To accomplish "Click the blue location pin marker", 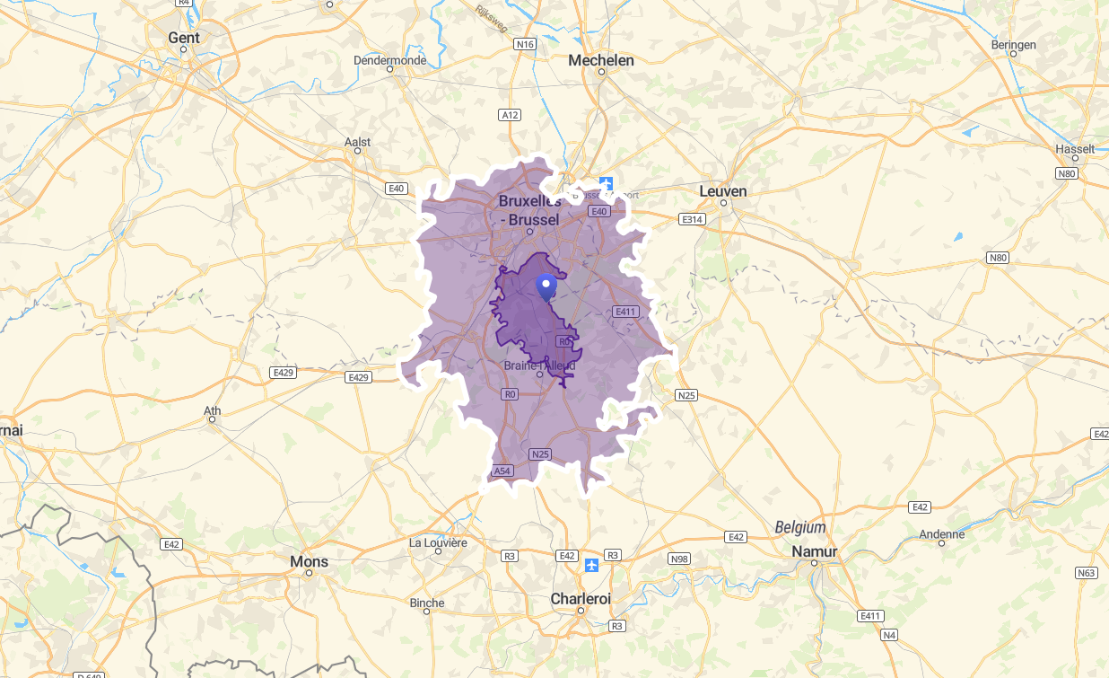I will tap(546, 286).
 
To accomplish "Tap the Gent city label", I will tap(184, 38).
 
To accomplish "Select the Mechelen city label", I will tap(601, 60).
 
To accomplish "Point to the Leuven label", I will tap(723, 191).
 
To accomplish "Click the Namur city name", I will tap(815, 551).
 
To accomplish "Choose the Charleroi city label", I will tap(581, 598).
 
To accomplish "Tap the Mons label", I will tap(309, 561).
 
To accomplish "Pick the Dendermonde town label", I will tap(389, 60).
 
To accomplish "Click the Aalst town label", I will tap(357, 142).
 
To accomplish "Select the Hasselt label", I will tap(1076, 149).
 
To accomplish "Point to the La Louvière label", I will tap(438, 542).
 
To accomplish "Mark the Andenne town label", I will tap(942, 534).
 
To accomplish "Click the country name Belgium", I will tap(800, 527).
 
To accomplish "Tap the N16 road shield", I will tap(525, 44).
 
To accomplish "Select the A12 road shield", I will tap(510, 115).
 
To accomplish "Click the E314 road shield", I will tap(693, 219).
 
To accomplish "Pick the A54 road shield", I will tap(502, 471).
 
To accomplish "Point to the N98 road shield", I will tap(679, 559).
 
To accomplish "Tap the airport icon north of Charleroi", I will tap(591, 565).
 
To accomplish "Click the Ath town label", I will tap(213, 412).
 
